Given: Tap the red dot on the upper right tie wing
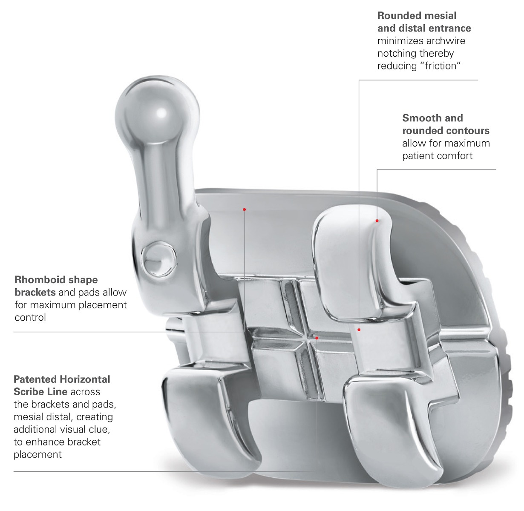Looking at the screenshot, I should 377,221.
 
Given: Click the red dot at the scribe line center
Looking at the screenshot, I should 317,338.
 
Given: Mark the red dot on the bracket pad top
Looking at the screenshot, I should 245,209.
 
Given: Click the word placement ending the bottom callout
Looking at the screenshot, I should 37,454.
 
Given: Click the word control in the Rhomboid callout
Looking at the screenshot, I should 30,318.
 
